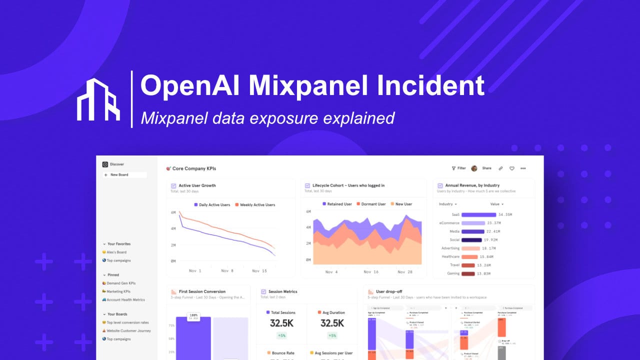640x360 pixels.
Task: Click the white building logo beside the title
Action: coord(98,99)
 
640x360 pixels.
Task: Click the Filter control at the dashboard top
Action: coord(458,168)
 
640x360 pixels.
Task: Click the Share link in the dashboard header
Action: coord(486,168)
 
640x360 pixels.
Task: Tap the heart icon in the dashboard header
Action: coord(511,168)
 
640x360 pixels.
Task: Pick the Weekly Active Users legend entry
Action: coord(257,205)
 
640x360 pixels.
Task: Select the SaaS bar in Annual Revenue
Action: coord(478,214)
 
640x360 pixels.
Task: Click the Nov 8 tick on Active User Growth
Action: coord(227,270)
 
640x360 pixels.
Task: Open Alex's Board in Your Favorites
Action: coord(116,252)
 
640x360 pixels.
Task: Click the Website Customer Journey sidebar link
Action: coord(128,331)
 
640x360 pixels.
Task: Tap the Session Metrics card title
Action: coord(282,291)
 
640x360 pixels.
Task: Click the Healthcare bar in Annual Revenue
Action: coord(469,256)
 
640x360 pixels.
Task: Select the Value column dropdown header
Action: coord(496,204)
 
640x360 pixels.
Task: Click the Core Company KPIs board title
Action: coord(194,168)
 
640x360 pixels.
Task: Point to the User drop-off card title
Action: coord(389,291)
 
